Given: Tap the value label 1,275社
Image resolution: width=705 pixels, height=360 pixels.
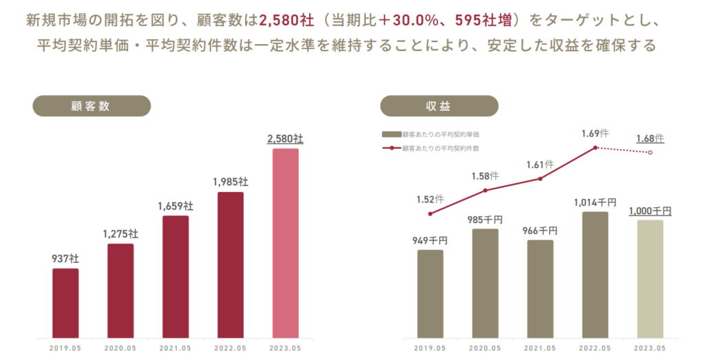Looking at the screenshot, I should pos(120,233).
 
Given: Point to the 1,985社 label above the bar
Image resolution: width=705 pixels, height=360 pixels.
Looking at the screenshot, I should pos(231,182).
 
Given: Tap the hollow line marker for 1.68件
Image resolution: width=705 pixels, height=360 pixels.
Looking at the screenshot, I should pos(651,152).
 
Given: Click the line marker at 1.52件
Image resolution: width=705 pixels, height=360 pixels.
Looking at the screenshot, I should pos(430,214).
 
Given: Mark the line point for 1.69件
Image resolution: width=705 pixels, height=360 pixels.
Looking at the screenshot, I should pos(596,147).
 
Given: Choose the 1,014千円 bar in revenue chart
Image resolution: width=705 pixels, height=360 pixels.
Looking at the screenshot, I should pos(596,275).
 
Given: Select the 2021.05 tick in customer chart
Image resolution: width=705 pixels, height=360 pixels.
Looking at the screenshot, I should pos(176,348).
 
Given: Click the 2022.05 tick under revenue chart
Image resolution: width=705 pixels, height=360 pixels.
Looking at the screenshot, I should pos(595,348).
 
